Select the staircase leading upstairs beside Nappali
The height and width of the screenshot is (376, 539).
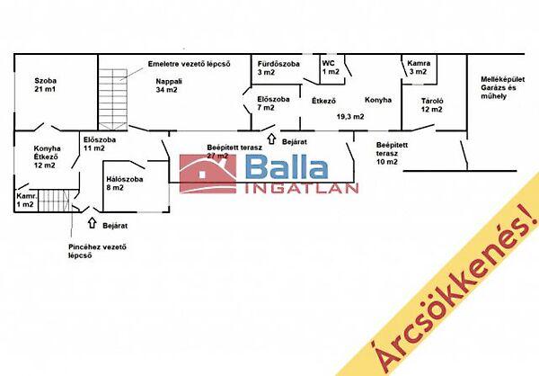click(x=114, y=90)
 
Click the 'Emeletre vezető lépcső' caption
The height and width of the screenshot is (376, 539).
click(x=190, y=63)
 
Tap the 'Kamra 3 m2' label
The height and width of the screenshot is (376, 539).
click(x=419, y=68)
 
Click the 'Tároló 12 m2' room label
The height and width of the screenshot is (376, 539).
click(x=431, y=103)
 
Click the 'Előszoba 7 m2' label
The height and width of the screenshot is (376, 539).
click(x=273, y=103)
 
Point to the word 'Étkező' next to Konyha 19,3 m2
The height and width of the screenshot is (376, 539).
click(x=323, y=101)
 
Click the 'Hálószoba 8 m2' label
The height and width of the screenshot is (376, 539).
click(x=124, y=184)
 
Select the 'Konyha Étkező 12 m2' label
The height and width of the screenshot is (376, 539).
click(x=47, y=157)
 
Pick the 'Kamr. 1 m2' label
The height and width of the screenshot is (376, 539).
click(x=26, y=200)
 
